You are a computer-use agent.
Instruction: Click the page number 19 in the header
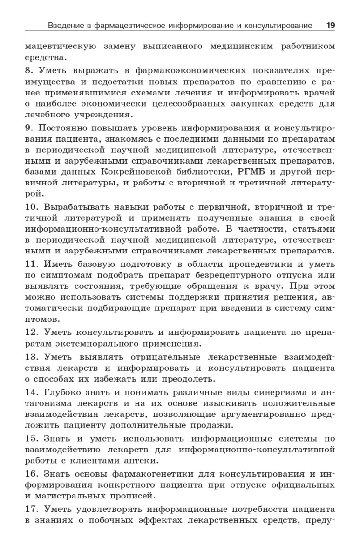[330, 25]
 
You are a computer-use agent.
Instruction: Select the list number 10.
[31, 206]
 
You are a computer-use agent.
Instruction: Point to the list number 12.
[31, 332]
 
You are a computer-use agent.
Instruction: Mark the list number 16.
[31, 474]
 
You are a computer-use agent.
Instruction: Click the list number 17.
[31, 509]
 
